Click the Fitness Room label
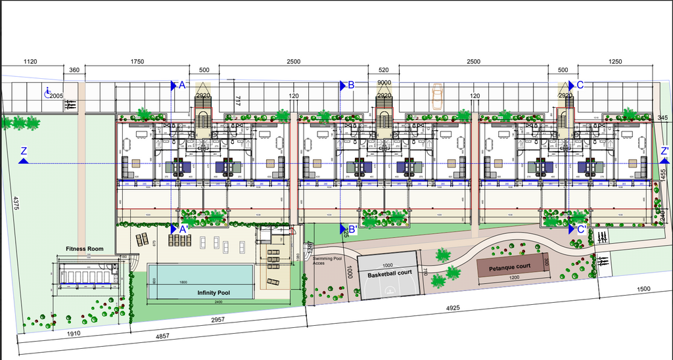tap(85, 249)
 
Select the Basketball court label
tap(390, 273)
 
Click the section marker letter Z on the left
tap(24, 152)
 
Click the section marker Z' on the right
tap(664, 151)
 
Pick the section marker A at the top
tap(182, 85)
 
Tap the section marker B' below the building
tap(352, 229)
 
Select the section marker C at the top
tap(580, 85)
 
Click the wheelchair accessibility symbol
tap(47, 93)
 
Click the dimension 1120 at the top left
tap(30, 62)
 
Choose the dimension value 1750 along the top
tap(137, 62)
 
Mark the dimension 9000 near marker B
tap(384, 83)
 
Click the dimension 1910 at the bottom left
tap(74, 334)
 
